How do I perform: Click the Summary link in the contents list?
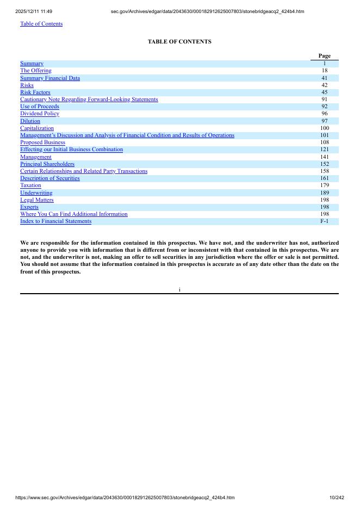click(x=32, y=64)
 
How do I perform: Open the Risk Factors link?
click(x=35, y=92)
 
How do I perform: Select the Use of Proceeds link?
click(x=40, y=107)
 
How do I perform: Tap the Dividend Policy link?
click(x=40, y=114)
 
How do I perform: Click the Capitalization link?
click(x=37, y=128)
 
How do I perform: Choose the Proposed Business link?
click(x=42, y=142)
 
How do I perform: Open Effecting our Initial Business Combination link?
click(x=71, y=150)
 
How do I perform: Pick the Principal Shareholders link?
click(x=47, y=164)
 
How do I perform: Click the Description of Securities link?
click(x=50, y=178)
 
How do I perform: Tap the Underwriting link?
click(x=36, y=193)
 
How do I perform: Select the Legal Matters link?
click(x=37, y=200)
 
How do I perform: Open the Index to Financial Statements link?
click(x=56, y=221)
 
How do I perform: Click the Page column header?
click(x=325, y=56)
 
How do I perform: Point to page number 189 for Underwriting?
click(x=325, y=193)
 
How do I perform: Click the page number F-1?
click(x=325, y=221)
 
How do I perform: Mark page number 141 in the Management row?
click(x=325, y=157)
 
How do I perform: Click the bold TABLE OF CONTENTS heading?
click(x=179, y=42)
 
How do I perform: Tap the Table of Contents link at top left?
click(x=41, y=24)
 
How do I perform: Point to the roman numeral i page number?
click(x=179, y=290)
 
